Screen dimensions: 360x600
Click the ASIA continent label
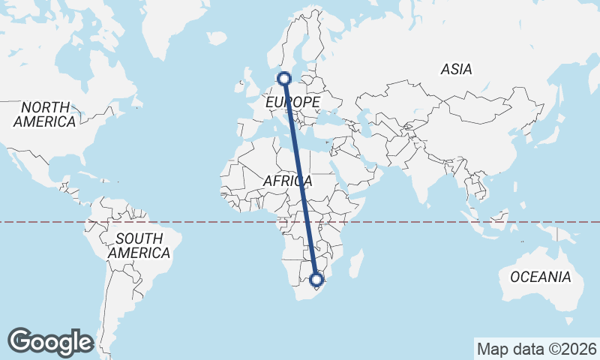point(456,69)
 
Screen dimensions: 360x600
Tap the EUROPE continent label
point(292,101)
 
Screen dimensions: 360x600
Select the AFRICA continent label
point(287,181)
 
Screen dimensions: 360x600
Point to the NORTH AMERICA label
point(44,114)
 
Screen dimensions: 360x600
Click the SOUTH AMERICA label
point(139,246)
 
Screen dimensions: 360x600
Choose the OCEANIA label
point(540,277)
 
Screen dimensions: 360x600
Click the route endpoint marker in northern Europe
point(284,78)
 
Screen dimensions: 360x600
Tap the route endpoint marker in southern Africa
point(316,280)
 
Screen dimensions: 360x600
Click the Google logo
point(50,342)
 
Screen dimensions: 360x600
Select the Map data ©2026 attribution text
point(536,349)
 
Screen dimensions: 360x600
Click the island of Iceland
point(216,37)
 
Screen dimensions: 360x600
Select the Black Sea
point(327,113)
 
